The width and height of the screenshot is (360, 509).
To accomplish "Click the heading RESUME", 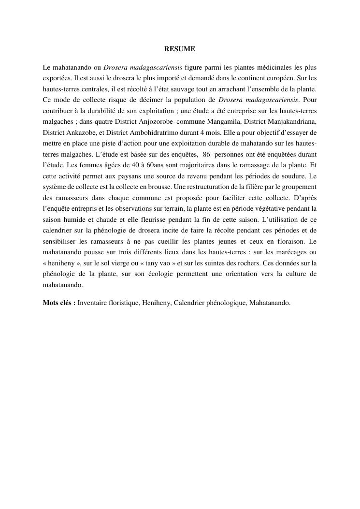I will [x=180, y=49].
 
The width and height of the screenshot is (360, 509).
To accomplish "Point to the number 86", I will [x=206, y=154].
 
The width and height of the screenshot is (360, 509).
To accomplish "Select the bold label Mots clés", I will [x=58, y=303].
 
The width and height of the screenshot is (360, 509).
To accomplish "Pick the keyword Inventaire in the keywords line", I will [x=93, y=303].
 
